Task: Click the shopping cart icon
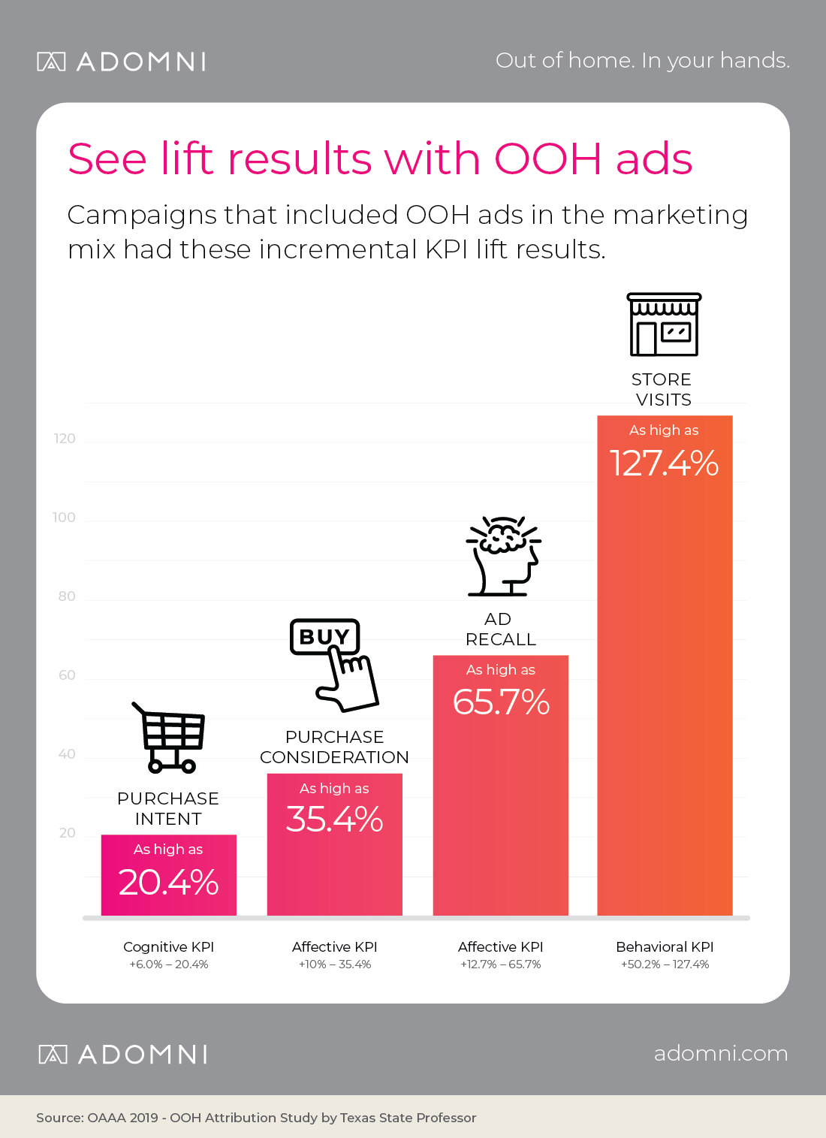pyautogui.click(x=170, y=738)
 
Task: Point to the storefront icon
pyautogui.click(x=664, y=324)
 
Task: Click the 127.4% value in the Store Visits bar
pyautogui.click(x=664, y=463)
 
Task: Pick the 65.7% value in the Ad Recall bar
pyautogui.click(x=501, y=702)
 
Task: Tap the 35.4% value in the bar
pyautogui.click(x=334, y=820)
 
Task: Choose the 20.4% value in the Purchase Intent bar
pyautogui.click(x=168, y=883)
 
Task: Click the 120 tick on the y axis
pyautogui.click(x=65, y=439)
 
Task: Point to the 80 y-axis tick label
pyautogui.click(x=67, y=596)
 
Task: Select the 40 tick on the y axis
pyautogui.click(x=67, y=754)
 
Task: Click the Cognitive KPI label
pyautogui.click(x=168, y=946)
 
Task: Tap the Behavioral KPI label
pyautogui.click(x=665, y=946)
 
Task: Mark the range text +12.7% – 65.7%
pyautogui.click(x=500, y=964)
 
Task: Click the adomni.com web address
pyautogui.click(x=720, y=1053)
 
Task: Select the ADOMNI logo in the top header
pyautogui.click(x=122, y=62)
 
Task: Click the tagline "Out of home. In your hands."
pyautogui.click(x=642, y=60)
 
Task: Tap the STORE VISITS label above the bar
pyautogui.click(x=662, y=389)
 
